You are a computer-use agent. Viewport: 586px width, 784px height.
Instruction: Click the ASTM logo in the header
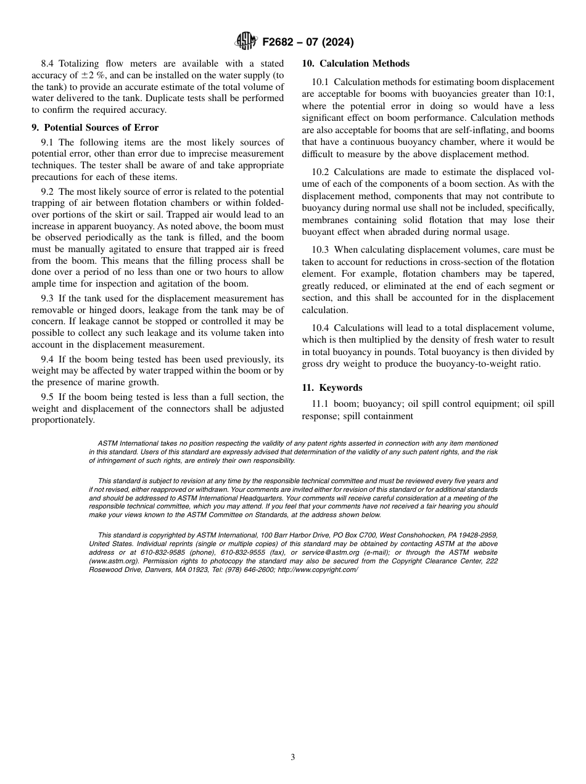(x=247, y=42)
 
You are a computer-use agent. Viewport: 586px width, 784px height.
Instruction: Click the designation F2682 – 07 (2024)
(x=308, y=43)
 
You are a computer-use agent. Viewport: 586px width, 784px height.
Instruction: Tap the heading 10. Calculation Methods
(x=355, y=63)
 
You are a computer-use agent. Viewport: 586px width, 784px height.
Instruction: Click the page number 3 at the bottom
(x=293, y=757)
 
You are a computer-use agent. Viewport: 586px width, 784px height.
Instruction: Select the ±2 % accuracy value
(x=94, y=75)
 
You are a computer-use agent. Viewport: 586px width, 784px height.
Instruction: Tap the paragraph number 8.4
(x=48, y=63)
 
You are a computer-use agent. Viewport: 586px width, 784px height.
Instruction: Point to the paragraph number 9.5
(x=48, y=397)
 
